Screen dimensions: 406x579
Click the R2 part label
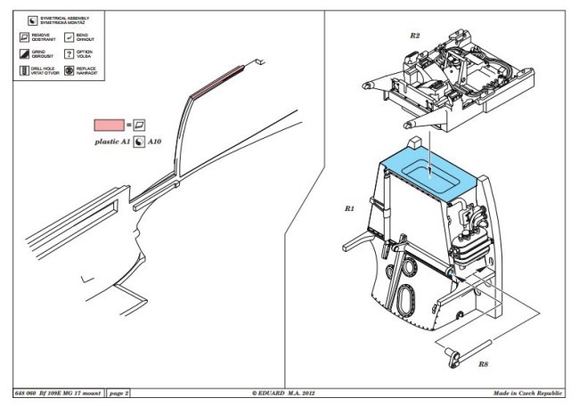pos(415,35)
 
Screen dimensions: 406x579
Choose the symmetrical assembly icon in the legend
pos(32,19)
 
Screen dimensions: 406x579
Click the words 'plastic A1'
pos(113,142)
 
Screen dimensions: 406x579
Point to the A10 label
pos(155,142)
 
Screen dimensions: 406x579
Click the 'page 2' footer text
pos(119,393)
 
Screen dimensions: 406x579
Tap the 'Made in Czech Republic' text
pos(529,393)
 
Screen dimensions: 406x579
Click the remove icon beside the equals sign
pos(139,126)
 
